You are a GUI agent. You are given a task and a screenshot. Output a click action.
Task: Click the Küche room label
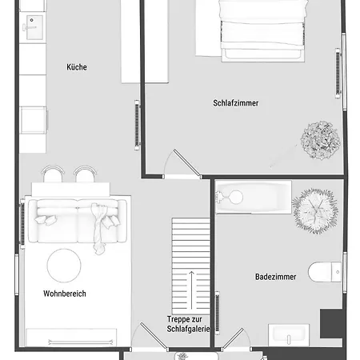[77, 67]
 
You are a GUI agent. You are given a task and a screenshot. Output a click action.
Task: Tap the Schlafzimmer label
[236, 103]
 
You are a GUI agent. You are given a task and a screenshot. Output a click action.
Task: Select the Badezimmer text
[276, 277]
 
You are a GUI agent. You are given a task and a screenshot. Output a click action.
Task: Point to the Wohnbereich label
[65, 294]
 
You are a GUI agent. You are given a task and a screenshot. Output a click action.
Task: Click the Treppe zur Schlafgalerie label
[188, 324]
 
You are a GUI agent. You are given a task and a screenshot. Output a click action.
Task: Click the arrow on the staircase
[191, 290]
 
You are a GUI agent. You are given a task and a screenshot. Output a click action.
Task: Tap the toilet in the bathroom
[325, 272]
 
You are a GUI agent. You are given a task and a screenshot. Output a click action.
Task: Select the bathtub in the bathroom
[254, 198]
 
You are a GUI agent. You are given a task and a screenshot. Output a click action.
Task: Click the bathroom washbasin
[289, 335]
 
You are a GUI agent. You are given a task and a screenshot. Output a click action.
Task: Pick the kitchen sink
[34, 27]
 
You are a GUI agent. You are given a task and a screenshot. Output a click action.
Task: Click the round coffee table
[64, 266]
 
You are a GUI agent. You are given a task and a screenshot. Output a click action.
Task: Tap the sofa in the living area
[78, 221]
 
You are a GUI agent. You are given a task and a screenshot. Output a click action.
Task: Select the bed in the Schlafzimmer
[262, 30]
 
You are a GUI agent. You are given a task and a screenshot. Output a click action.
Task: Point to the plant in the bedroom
[321, 141]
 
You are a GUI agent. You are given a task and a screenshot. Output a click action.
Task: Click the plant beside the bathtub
[315, 210]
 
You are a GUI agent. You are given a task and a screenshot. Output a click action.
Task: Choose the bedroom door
[187, 163]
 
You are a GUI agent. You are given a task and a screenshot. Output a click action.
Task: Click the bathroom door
[233, 338]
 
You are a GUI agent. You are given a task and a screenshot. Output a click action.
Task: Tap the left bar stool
[53, 174]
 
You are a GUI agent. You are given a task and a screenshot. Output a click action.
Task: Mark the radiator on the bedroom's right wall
[338, 73]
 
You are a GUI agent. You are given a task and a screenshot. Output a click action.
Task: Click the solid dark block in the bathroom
[331, 324]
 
